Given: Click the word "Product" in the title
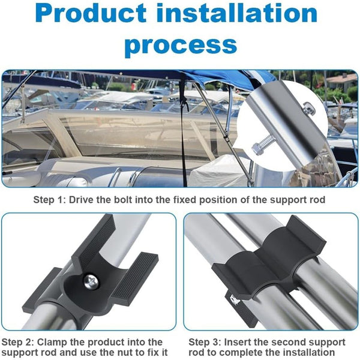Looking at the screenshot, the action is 91,13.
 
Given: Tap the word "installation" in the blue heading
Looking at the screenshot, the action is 236,13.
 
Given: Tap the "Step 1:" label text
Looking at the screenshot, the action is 50,200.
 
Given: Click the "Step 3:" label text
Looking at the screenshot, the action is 205,342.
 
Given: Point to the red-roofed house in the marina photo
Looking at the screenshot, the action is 341,80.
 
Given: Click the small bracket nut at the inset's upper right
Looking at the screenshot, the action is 308,109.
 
